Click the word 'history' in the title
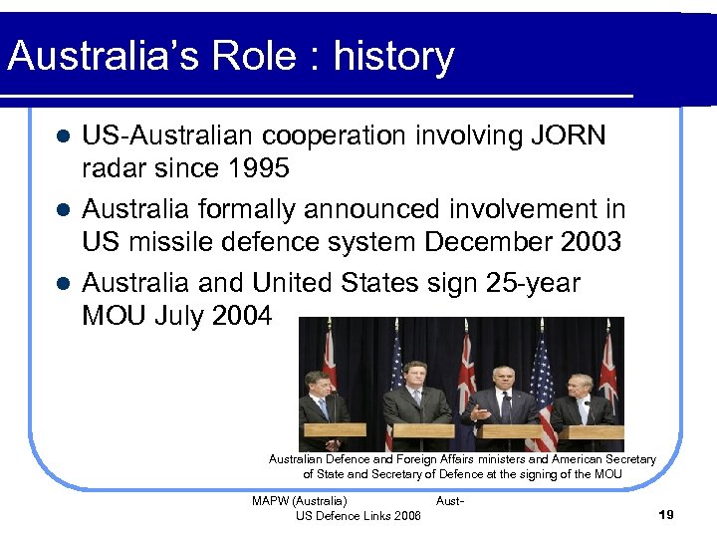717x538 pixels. tap(393, 57)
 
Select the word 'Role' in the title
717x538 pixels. tap(246, 57)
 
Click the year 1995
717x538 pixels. tap(256, 169)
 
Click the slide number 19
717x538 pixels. tap(666, 514)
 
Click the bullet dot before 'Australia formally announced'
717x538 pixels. tap(62, 210)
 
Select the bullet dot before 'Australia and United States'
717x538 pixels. tap(62, 284)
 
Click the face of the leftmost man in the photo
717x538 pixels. tap(318, 384)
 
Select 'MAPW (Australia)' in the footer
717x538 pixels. tap(300, 500)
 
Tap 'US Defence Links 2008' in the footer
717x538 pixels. tap(358, 515)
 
